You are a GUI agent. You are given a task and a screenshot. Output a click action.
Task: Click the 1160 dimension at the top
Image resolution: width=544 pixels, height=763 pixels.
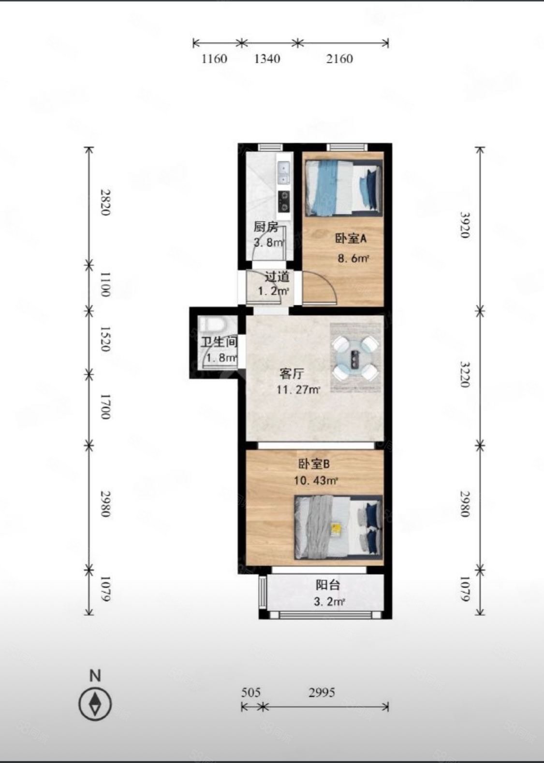coord(214,59)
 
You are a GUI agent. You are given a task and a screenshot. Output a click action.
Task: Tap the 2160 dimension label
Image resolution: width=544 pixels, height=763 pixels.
coord(339,59)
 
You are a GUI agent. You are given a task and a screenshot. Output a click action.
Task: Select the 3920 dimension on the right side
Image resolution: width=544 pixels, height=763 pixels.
coord(465,225)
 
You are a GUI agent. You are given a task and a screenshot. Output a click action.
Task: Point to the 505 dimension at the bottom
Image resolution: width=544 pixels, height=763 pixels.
coord(250,692)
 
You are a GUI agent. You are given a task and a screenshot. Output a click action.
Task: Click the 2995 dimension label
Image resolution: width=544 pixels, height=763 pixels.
coord(322,692)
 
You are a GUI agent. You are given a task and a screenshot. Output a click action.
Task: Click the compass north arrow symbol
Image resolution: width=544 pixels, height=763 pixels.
coord(95,704)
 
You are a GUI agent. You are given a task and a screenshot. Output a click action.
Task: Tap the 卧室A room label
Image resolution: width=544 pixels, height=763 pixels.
coord(351,239)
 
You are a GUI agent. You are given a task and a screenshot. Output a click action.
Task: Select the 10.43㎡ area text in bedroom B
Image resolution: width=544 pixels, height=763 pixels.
coord(315,480)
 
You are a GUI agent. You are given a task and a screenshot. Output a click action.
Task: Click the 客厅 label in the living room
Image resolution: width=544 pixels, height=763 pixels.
coord(292,374)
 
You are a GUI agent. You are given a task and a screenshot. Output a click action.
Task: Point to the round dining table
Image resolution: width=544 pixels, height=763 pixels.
coord(356,358)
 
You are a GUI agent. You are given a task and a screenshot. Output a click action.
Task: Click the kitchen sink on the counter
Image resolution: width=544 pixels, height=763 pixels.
coord(283,173)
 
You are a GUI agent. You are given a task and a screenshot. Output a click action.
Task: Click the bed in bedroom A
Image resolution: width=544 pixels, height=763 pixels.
coord(342,188)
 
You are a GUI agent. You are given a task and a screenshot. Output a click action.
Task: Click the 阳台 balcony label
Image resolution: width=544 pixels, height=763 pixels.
coord(328,585)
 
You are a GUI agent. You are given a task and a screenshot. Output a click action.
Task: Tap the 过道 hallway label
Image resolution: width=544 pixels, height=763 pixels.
coord(277,277)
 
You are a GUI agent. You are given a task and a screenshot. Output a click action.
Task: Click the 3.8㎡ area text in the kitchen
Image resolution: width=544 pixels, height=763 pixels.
coord(269,242)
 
